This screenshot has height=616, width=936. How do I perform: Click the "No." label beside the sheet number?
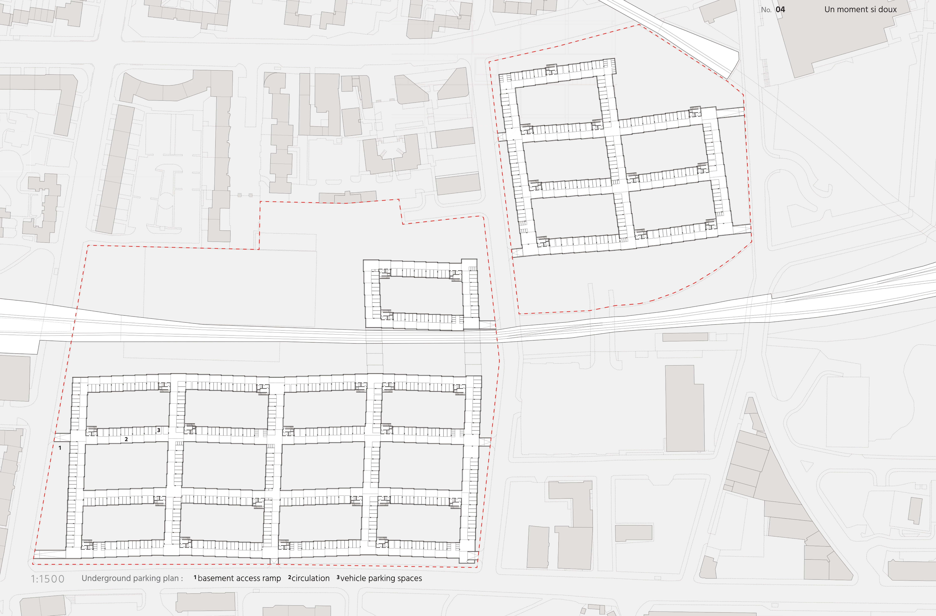766,10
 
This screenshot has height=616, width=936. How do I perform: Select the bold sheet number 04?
780,9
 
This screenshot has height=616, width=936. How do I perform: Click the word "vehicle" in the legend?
353,578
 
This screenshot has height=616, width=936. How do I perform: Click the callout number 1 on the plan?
60,448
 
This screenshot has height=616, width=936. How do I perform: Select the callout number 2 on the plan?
126,439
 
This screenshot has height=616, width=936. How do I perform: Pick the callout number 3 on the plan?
158,430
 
